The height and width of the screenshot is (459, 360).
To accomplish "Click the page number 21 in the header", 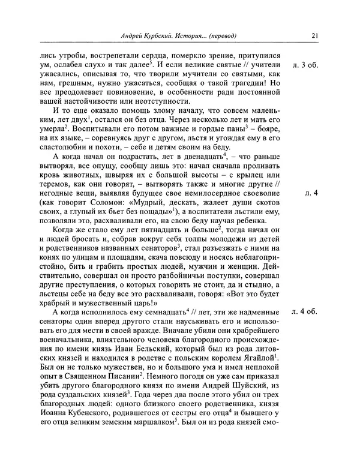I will pyautogui.click(x=314, y=34).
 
